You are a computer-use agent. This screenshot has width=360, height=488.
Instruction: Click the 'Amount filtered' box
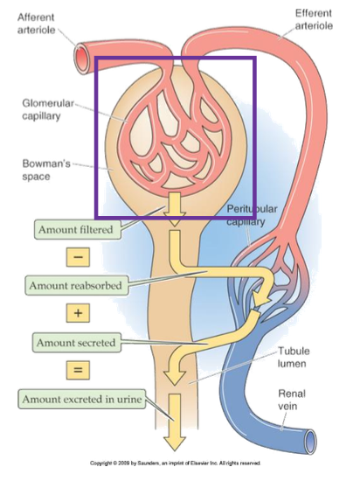(74, 230)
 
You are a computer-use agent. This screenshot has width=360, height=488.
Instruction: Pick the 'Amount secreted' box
(75, 342)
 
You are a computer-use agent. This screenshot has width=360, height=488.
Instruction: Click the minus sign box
(75, 257)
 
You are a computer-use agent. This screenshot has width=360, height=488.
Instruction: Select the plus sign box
(75, 313)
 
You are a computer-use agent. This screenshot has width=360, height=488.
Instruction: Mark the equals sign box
(75, 371)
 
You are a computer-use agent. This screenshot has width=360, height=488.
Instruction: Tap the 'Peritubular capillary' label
(253, 215)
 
